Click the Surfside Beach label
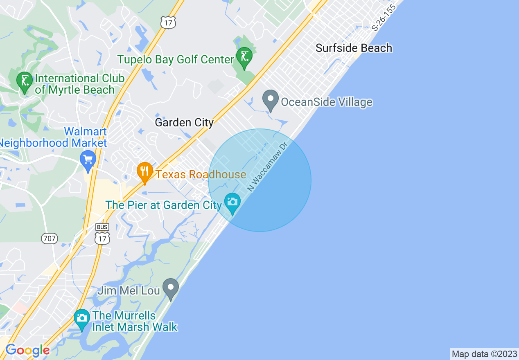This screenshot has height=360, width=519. coord(354,48)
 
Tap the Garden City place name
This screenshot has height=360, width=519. coord(184,122)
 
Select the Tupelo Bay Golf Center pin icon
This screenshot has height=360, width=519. coord(244,58)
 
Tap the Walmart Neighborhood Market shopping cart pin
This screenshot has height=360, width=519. coord(88,160)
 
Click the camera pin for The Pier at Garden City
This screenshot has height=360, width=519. coord(232,203)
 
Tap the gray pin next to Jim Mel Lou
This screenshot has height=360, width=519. coord(171,288)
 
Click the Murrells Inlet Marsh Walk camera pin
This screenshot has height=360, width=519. coord(82,319)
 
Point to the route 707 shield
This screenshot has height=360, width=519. coord(50,238)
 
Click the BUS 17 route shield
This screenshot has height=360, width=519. coord(102,234)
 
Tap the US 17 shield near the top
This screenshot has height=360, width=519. coord(168,22)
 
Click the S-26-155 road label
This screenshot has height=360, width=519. coord(384,18)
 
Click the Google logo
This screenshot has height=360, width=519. coord(27,351)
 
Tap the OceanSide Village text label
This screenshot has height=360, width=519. coord(326,102)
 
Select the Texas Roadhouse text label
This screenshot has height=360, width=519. coord(201,175)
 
